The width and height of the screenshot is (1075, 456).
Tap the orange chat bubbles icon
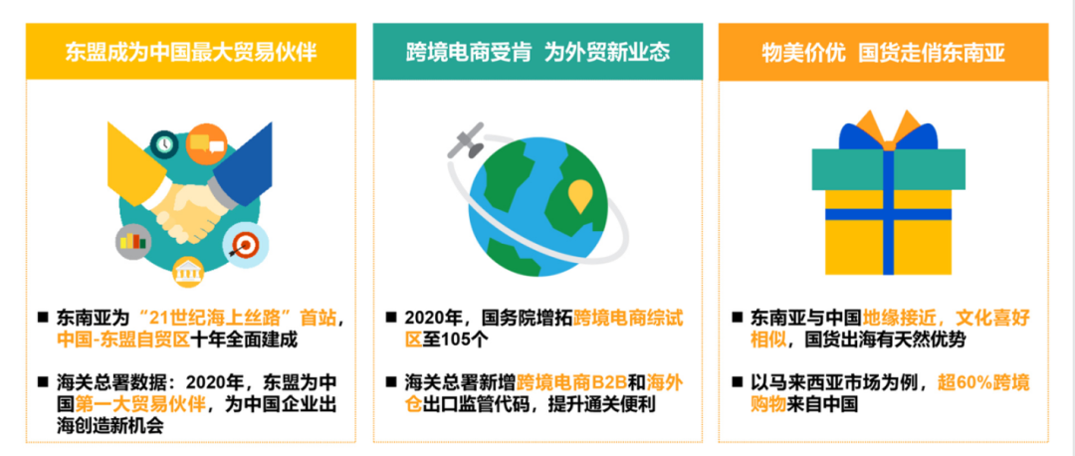coord(208,142)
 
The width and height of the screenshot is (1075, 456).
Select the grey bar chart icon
coord(130,241)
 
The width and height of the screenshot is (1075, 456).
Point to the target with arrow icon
coord(243,241)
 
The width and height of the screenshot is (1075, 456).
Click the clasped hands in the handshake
coord(191,204)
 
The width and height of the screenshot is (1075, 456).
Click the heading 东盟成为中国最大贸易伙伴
coord(190,52)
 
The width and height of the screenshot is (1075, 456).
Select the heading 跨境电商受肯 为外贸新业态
coord(537,52)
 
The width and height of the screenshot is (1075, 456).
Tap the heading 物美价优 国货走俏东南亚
coord(883,52)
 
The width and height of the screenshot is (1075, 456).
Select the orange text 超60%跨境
coord(979,382)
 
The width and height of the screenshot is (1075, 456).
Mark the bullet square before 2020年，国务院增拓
coord(391,318)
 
